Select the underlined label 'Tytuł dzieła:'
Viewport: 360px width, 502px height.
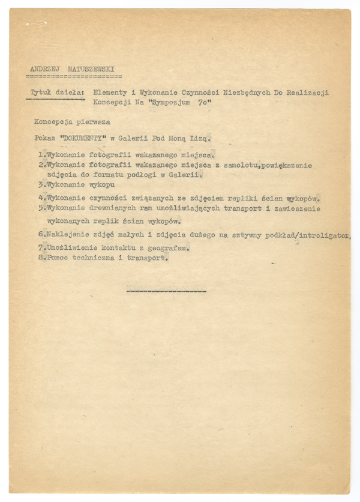coord(58,92)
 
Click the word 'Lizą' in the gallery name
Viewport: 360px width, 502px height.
coord(200,138)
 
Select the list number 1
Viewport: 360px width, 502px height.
coord(41,154)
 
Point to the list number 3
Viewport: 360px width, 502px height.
coord(41,185)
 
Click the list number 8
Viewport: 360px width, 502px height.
coord(41,258)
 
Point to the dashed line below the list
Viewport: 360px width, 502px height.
coord(166,291)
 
